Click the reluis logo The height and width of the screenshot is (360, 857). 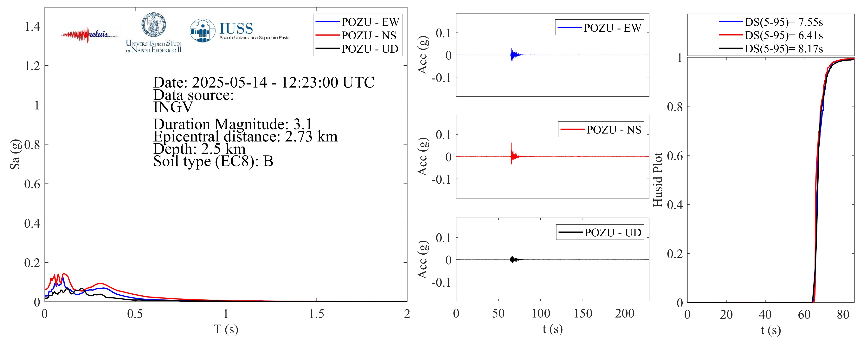point(90,35)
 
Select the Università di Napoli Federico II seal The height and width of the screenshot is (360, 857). point(154,25)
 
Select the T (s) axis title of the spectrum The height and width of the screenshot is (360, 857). point(226,329)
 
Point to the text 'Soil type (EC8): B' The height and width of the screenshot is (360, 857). point(213,161)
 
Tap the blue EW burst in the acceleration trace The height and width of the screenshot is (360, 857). point(512,55)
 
